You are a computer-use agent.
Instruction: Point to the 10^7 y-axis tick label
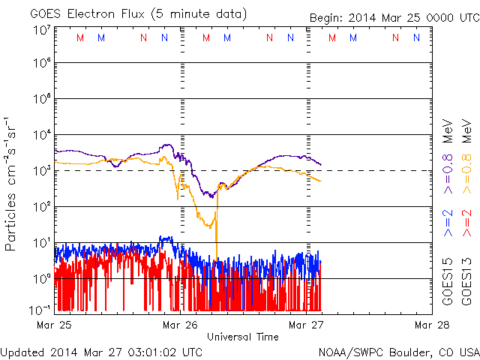41,30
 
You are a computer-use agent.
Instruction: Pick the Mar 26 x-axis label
181,325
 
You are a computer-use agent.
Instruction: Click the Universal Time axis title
242,337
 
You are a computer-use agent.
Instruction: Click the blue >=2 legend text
448,225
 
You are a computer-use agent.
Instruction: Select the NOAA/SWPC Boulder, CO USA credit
398,351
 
